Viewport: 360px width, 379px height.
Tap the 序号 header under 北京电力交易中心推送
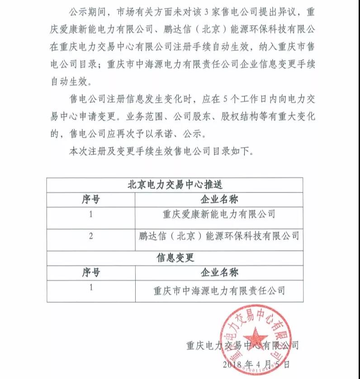point(91,199)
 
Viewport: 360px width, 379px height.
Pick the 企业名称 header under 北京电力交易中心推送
point(219,199)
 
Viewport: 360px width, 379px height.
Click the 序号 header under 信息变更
point(91,272)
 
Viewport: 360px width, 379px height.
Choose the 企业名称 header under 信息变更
point(219,272)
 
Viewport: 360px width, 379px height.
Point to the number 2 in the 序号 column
point(91,236)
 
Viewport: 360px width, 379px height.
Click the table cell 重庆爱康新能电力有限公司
point(219,213)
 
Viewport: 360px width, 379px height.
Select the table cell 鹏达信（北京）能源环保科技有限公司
point(219,236)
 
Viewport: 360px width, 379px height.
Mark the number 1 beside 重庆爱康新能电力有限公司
point(91,214)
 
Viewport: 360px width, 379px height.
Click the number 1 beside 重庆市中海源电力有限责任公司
point(91,287)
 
